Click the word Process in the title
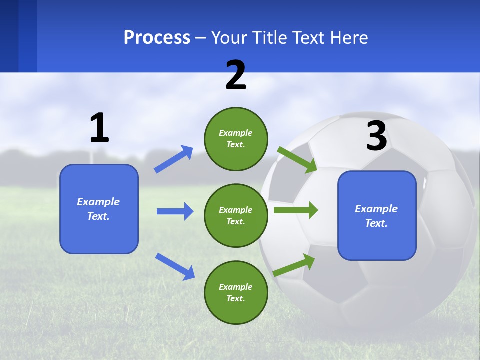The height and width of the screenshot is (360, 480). coord(157,38)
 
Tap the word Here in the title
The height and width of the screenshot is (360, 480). coord(348,38)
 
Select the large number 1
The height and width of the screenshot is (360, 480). coord(99,128)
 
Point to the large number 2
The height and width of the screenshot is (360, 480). coord(236,76)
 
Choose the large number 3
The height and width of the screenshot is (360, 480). coord(376,136)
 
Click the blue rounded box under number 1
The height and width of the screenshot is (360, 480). coord(99,209)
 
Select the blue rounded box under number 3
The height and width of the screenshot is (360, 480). coord(377,215)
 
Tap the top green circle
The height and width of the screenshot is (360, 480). coord(236,139)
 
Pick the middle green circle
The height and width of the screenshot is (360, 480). coord(236,215)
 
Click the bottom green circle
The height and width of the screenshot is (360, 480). coord(236,292)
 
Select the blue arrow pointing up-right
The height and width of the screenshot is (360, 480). coord(173,159)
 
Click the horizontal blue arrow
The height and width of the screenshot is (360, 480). coord(175,211)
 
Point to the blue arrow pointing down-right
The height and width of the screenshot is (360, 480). coord(175,266)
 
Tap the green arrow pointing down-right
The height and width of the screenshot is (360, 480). coord(297,159)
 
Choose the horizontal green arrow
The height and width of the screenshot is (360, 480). coord(295,210)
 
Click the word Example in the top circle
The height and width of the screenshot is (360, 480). coord(236,133)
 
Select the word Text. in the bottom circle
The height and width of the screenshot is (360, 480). coord(236,298)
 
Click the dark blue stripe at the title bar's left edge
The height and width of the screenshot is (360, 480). coord(9,36)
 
